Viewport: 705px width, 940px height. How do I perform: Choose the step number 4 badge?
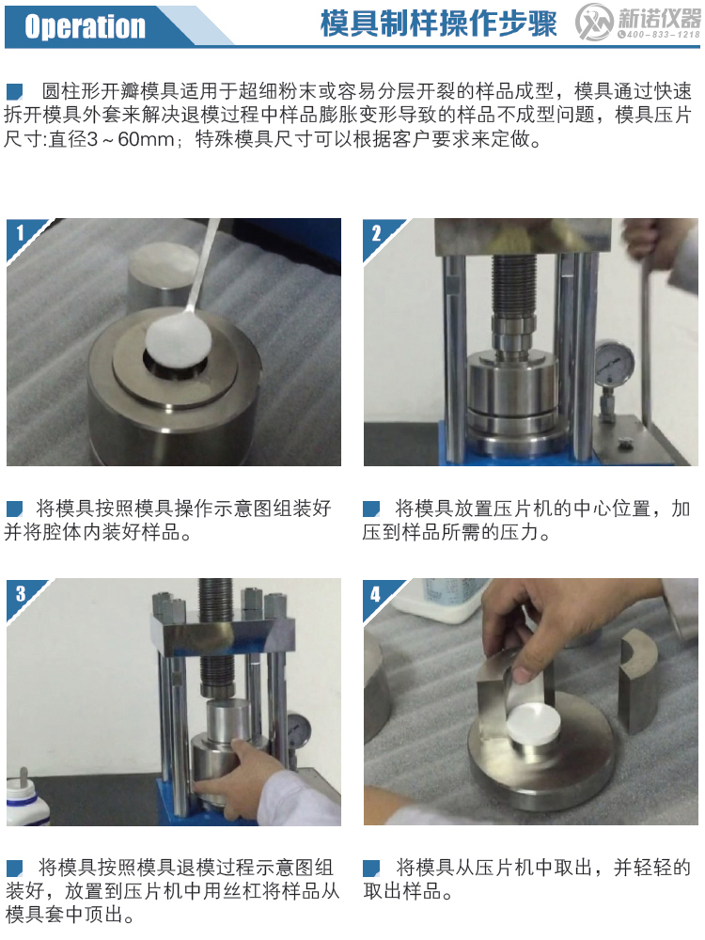[377, 592]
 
